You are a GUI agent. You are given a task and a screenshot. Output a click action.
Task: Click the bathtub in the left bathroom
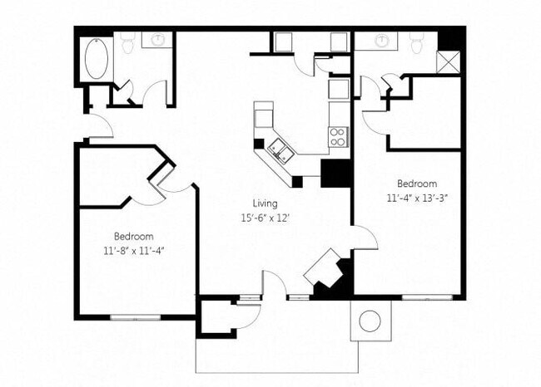[97, 58]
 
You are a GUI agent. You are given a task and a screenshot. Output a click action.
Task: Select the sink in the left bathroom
[157, 38]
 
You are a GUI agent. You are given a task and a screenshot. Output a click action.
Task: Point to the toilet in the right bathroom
[417, 42]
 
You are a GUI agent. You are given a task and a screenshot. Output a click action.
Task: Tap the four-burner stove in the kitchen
[337, 136]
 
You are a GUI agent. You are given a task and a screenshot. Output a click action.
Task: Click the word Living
[266, 203]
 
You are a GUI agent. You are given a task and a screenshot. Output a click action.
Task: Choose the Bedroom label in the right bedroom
[416, 184]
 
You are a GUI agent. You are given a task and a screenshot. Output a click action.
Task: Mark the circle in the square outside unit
[370, 320]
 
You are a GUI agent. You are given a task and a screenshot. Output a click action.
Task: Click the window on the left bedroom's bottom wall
[135, 317]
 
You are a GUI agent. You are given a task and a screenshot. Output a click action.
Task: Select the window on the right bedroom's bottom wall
[427, 296]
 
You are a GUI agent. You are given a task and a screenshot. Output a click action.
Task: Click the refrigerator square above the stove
[338, 89]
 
